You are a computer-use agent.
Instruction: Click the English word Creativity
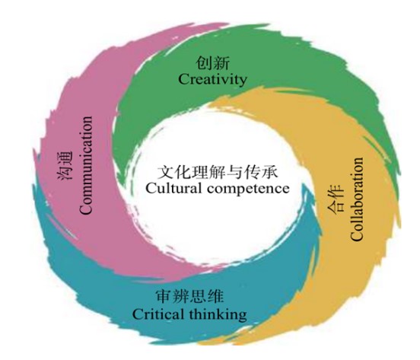click(x=212, y=80)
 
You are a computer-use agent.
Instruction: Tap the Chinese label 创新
click(x=212, y=62)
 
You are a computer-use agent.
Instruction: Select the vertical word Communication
click(x=86, y=165)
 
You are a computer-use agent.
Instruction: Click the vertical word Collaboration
click(x=357, y=199)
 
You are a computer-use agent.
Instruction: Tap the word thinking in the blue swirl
click(x=218, y=315)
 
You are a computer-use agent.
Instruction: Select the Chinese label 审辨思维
click(x=189, y=297)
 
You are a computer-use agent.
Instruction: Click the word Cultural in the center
click(x=173, y=188)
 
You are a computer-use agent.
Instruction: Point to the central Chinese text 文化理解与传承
click(x=218, y=172)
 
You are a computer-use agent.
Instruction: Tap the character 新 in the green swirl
click(x=221, y=62)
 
